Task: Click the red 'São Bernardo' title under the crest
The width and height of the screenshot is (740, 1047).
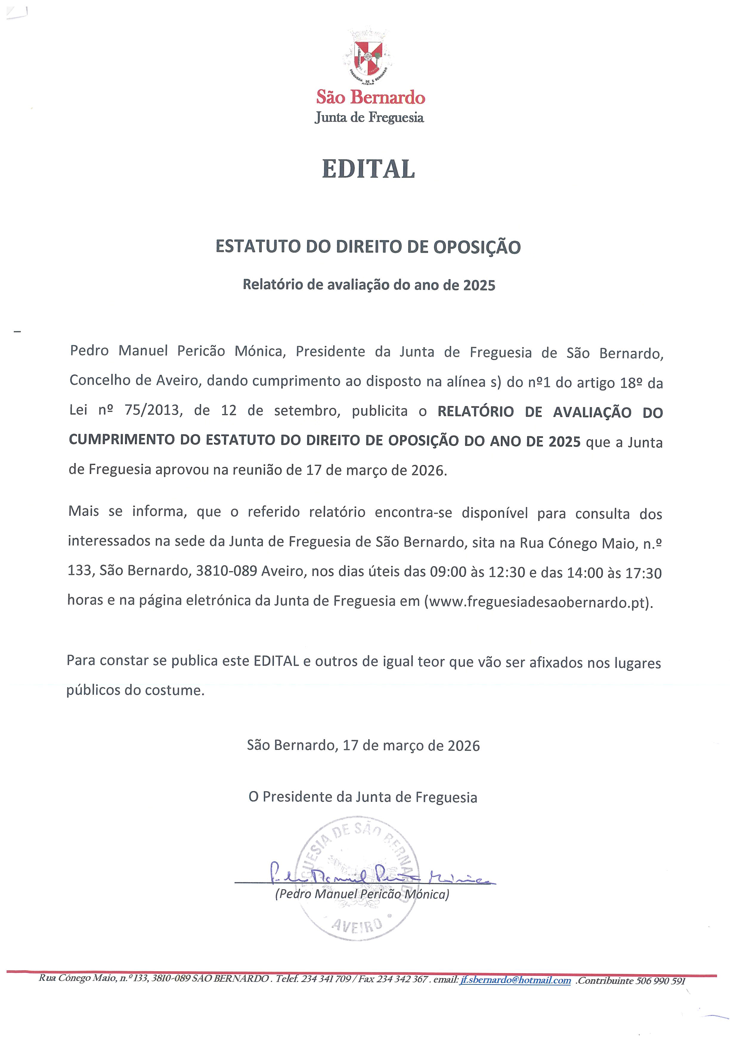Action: pyautogui.click(x=371, y=98)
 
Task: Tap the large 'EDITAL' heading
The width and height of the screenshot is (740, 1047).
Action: pyautogui.click(x=368, y=169)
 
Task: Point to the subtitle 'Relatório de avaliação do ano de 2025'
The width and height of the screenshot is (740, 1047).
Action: pyautogui.click(x=369, y=285)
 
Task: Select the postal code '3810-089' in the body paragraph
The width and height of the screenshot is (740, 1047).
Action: pyautogui.click(x=227, y=572)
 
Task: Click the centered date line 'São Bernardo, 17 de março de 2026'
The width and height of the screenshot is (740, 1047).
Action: pyautogui.click(x=363, y=745)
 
